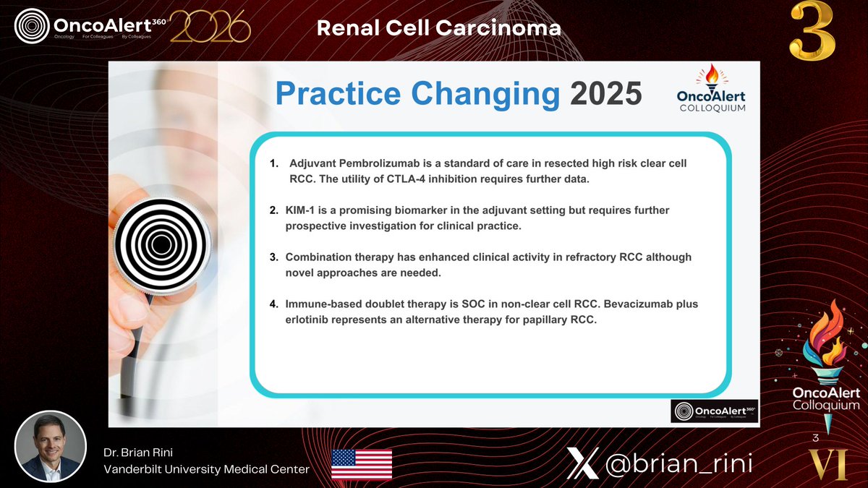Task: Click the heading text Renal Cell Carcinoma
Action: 439,28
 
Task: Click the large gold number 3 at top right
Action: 812,32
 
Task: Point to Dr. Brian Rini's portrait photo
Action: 51,446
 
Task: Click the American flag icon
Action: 362,463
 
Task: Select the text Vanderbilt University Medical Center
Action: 206,469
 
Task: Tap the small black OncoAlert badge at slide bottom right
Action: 714,411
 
